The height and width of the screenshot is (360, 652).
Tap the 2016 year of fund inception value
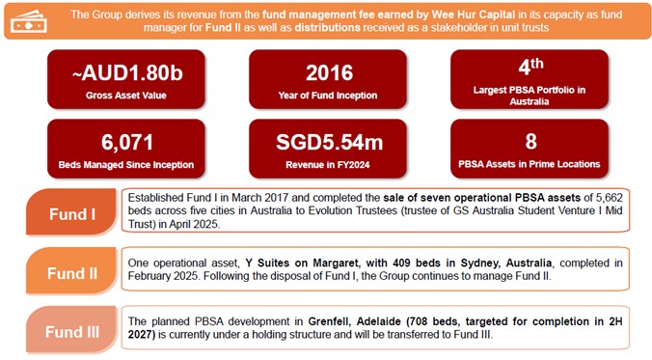[330, 73]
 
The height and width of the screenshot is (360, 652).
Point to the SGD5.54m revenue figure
[330, 142]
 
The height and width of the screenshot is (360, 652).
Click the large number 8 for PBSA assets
[530, 142]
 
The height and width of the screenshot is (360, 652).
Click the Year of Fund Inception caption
[330, 96]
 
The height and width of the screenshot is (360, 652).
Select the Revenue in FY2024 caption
[330, 165]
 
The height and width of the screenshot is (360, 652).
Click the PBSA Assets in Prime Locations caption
[530, 165]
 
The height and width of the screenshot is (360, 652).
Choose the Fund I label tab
[69, 213]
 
